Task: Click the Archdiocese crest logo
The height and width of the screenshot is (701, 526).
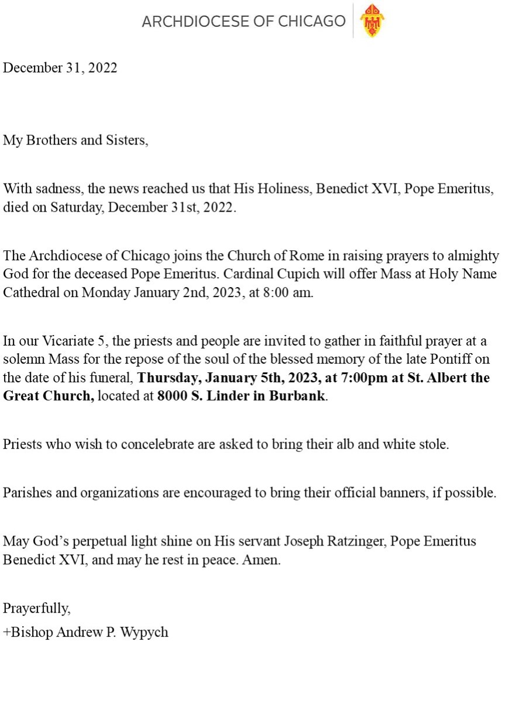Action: tap(371, 21)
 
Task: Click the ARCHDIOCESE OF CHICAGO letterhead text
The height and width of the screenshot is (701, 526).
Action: tap(243, 22)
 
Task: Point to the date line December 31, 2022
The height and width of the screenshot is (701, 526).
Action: tap(60, 68)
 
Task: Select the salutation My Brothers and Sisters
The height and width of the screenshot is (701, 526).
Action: tap(75, 141)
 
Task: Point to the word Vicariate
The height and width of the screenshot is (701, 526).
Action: tap(61, 341)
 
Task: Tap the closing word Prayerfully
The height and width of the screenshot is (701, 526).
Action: tap(36, 608)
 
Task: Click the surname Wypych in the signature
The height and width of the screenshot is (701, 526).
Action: tap(145, 632)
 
